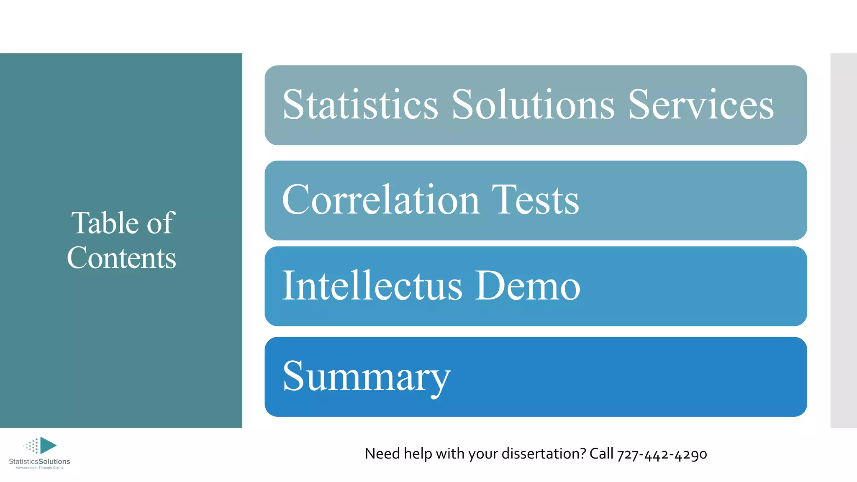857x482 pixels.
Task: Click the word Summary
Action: point(367,377)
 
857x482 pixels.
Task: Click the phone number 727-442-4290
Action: point(662,454)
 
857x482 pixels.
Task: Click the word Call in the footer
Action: point(601,454)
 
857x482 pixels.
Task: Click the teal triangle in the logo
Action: point(47,445)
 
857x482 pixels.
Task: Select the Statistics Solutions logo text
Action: point(39,461)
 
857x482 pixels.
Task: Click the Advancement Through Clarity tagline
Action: point(39,468)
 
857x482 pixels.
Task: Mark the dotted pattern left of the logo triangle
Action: point(31,446)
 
